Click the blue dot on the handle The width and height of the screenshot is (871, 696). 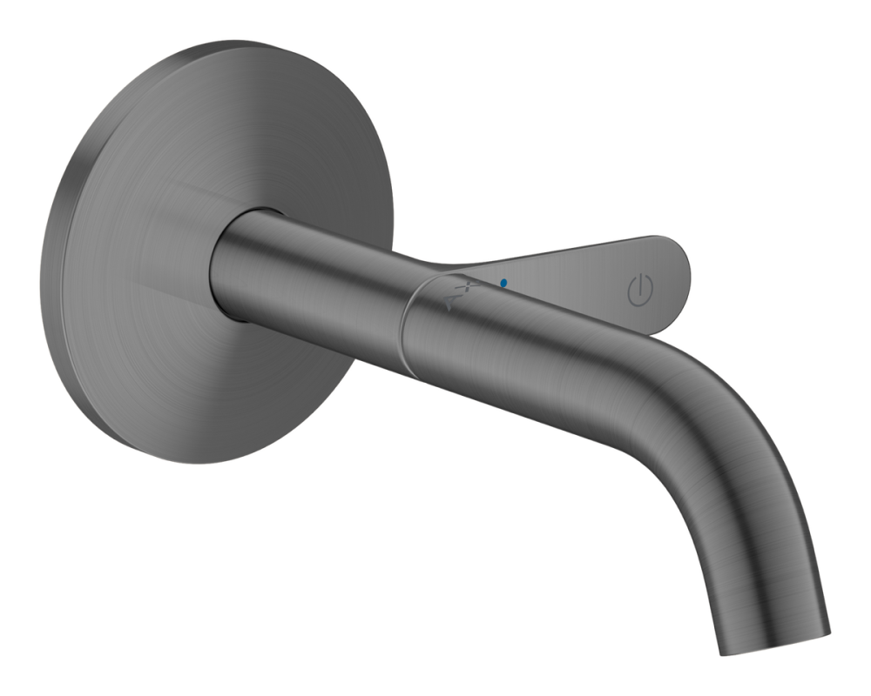click(503, 283)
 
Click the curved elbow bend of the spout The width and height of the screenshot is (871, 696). click(697, 409)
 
